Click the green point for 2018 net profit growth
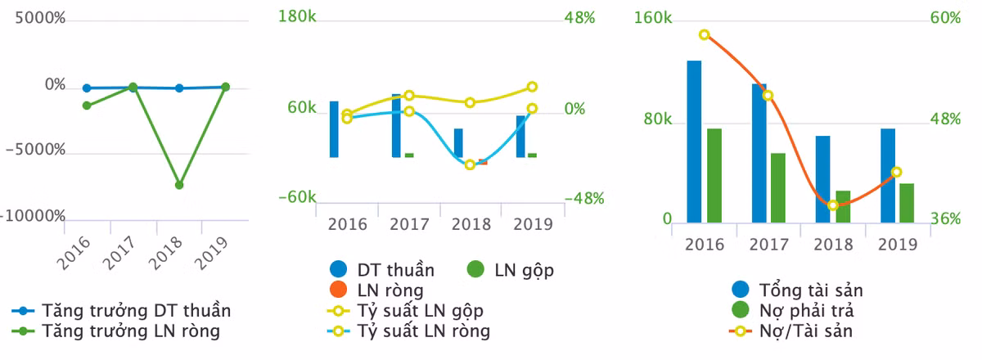pyautogui.click(x=179, y=185)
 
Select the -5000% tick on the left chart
pyautogui.click(x=34, y=151)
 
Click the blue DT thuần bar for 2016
pyautogui.click(x=334, y=129)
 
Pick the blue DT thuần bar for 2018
pyautogui.click(x=458, y=143)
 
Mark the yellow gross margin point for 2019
pyautogui.click(x=532, y=87)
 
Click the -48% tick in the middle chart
pyautogui.click(x=584, y=198)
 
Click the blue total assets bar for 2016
pyautogui.click(x=694, y=141)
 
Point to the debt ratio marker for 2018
pyautogui.click(x=833, y=205)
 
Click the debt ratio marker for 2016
pyautogui.click(x=705, y=35)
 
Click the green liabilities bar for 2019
pyautogui.click(x=907, y=202)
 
